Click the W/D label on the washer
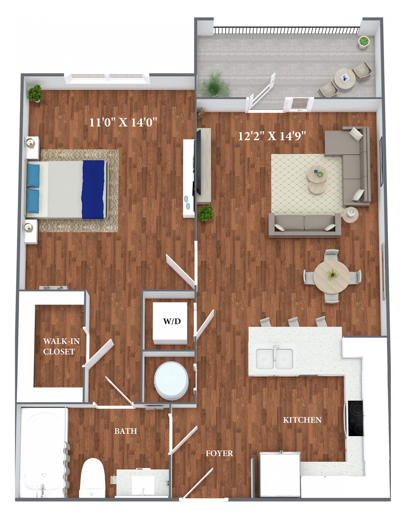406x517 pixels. (x=172, y=321)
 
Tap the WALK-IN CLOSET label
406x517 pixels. (x=61, y=346)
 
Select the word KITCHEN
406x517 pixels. (x=302, y=420)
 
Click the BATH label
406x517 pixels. (x=126, y=431)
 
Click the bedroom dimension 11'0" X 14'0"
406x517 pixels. (x=123, y=122)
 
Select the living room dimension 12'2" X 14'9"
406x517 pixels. (x=272, y=136)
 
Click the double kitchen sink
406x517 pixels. (x=274, y=359)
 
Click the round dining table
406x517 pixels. (x=331, y=277)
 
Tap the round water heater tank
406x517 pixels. (x=171, y=381)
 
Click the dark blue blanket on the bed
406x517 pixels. (x=93, y=189)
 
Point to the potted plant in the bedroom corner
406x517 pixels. (x=35, y=93)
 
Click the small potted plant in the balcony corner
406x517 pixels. (x=364, y=41)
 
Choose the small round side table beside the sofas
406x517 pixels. (x=350, y=215)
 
